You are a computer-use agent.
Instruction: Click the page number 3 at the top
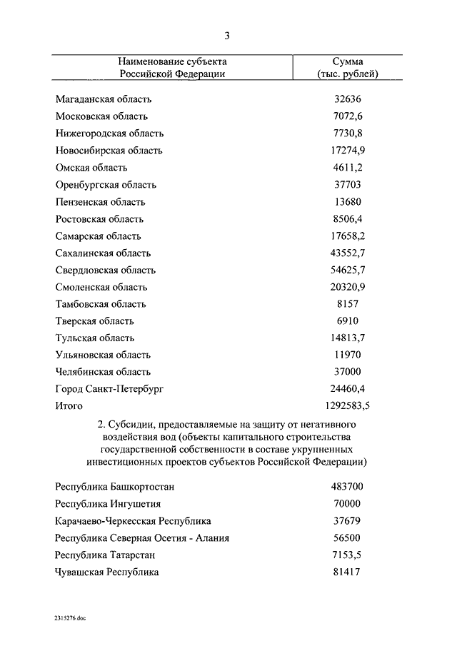[x=227, y=36]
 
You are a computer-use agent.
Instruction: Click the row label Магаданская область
[x=103, y=99]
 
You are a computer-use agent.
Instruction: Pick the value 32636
[x=348, y=99]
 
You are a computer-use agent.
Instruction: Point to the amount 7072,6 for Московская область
[x=348, y=116]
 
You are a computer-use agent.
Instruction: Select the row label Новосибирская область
[x=109, y=151]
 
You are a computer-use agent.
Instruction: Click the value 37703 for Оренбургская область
[x=348, y=185]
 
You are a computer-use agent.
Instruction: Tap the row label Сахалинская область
[x=103, y=253]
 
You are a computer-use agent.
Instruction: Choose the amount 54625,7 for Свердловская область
[x=348, y=271]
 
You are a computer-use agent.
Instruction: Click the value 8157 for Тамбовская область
[x=348, y=305]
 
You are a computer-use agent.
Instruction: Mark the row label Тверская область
[x=94, y=321]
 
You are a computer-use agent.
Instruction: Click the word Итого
[x=69, y=406]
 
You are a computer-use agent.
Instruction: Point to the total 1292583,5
[x=348, y=406]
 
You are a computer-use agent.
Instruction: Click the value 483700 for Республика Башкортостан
[x=348, y=487]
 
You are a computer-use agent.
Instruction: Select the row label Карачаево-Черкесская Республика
[x=133, y=521]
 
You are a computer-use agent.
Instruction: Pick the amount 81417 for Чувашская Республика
[x=348, y=572]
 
